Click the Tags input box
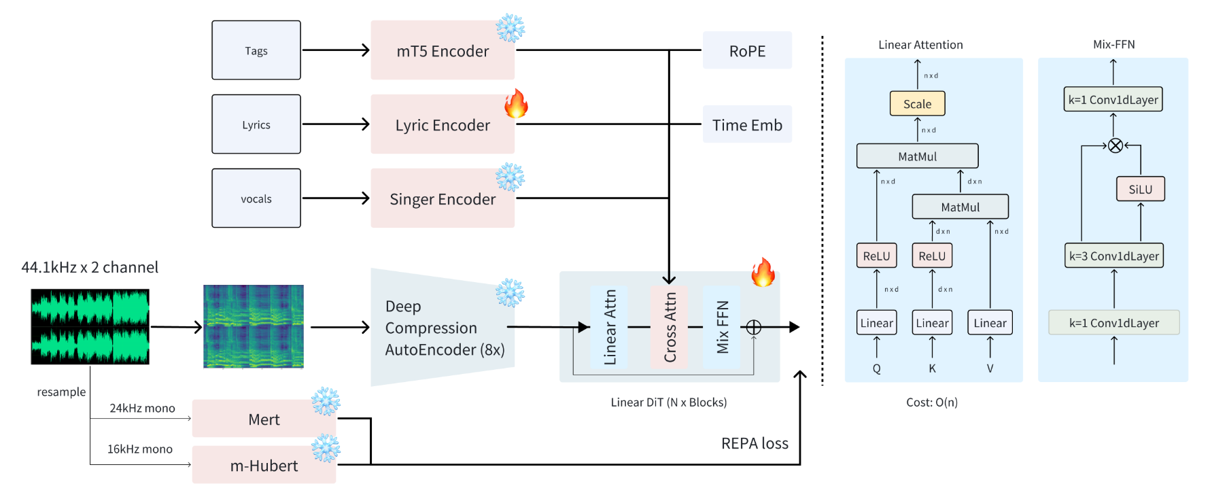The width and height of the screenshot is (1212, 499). (x=256, y=50)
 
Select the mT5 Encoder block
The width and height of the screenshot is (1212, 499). (x=443, y=51)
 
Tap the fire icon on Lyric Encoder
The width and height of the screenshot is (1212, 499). (x=516, y=103)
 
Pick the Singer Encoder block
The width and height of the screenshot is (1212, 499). (x=443, y=199)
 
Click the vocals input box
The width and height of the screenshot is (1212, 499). (x=256, y=199)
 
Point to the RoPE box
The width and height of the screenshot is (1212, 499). (x=747, y=51)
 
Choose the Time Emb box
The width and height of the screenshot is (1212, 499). (x=747, y=125)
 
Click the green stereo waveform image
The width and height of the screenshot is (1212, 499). (x=90, y=326)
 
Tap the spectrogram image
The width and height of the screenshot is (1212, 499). (x=254, y=326)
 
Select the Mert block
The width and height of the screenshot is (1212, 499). (x=264, y=419)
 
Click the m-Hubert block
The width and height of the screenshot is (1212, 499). (x=264, y=466)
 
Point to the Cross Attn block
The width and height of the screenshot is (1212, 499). (x=670, y=327)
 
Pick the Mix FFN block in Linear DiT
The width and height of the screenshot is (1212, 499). (x=722, y=327)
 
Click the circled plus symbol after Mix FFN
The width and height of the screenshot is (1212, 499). (x=754, y=327)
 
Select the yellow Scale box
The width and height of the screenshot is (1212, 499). (x=917, y=104)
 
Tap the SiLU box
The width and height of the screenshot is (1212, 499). (x=1140, y=189)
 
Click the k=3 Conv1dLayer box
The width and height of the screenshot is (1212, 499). (x=1113, y=256)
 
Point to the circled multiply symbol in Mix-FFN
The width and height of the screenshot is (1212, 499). (x=1115, y=145)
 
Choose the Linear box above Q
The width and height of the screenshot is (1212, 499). (x=876, y=323)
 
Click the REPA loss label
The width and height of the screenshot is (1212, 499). (x=755, y=443)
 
